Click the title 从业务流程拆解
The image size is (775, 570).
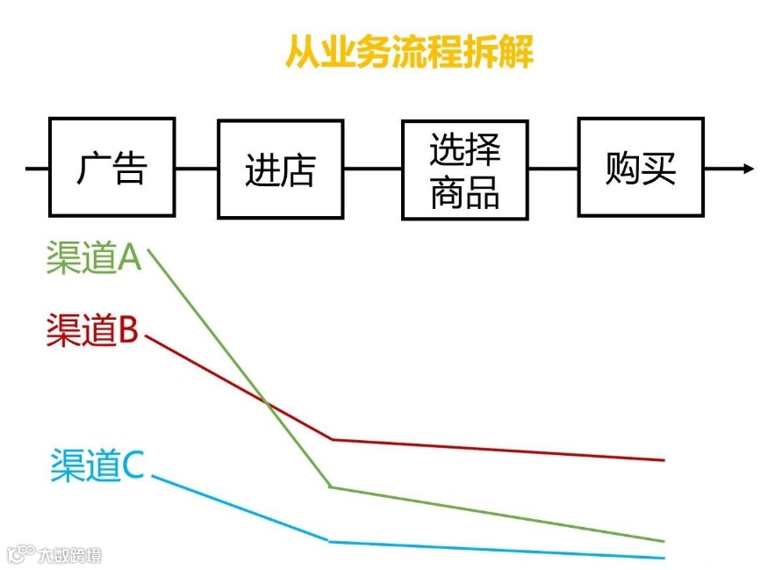pos(410,53)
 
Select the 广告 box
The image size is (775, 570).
pos(111,167)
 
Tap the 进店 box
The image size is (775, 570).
pos(280,169)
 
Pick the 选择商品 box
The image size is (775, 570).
pos(464,170)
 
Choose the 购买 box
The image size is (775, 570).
pos(640,167)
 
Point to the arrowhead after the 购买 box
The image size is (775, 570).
pos(748,168)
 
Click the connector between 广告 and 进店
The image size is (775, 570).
pos(196,168)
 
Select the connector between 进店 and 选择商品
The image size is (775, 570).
pos(372,168)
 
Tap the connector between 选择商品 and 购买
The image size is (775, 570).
pos(552,168)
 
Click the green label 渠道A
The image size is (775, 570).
pos(94,259)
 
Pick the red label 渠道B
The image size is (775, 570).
pos(92,330)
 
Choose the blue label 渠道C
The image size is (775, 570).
pos(97,465)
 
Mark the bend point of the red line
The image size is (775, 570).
pos(332,439)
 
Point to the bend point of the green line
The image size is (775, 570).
pos(330,487)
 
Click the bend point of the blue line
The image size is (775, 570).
pos(330,541)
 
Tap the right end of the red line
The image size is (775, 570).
pos(664,459)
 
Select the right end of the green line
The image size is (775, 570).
pos(664,541)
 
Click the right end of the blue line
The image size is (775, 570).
pos(664,558)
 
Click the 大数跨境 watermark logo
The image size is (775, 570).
pos(54,555)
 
